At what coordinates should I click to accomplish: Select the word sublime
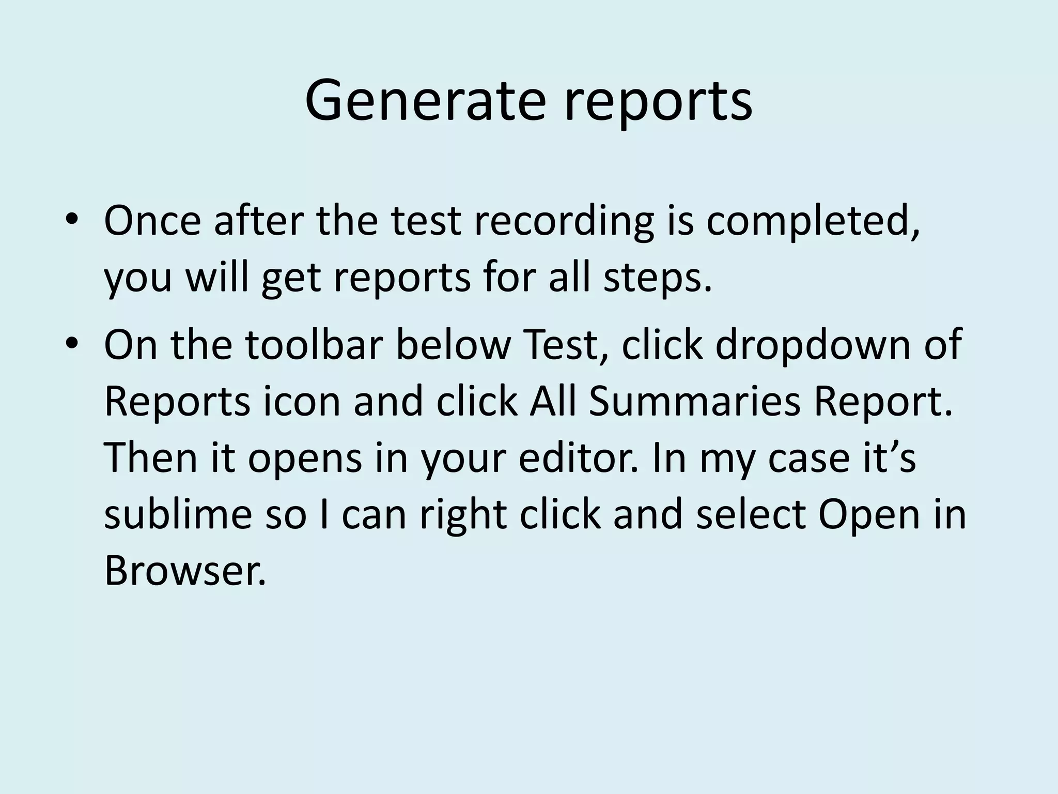pos(178,515)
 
